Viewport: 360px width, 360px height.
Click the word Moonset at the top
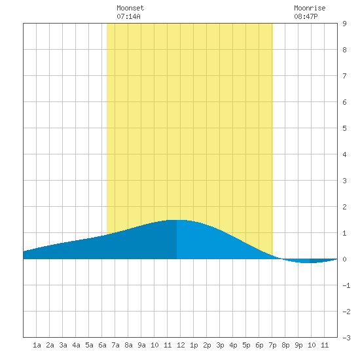pos(130,8)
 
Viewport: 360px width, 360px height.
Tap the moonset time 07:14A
pos(128,16)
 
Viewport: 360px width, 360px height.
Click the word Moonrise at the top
pos(310,8)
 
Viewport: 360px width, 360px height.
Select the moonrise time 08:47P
pos(306,16)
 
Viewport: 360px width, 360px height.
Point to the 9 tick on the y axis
pos(344,24)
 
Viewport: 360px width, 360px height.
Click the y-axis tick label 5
pos(344,128)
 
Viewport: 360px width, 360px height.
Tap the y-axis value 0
pos(344,259)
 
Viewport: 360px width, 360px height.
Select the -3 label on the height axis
pos(346,338)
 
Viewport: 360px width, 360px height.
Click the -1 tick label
pos(346,285)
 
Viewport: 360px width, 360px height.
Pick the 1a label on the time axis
pos(37,345)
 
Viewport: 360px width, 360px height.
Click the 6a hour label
pos(102,345)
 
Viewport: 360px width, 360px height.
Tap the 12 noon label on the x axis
pos(181,345)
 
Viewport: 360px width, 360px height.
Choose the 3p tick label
pos(220,345)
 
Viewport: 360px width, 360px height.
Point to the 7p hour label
pos(272,345)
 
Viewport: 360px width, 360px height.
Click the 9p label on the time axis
pos(298,345)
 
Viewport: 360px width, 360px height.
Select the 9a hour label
pos(141,345)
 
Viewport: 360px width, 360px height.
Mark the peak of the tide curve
pos(177,220)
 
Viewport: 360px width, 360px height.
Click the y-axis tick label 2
pos(344,207)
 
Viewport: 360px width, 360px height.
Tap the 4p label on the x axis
pos(233,345)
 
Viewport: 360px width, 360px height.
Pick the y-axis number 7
pos(344,76)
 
